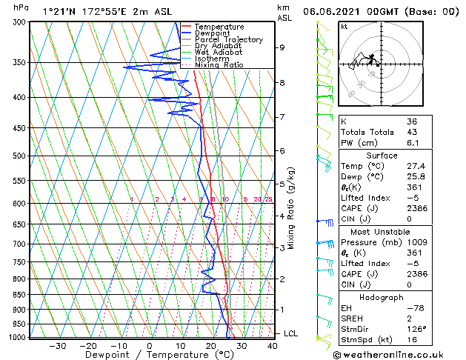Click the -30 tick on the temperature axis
tap(58, 346)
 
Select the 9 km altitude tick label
tap(282, 47)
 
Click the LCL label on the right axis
tap(290, 333)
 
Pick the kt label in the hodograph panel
tap(344, 26)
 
